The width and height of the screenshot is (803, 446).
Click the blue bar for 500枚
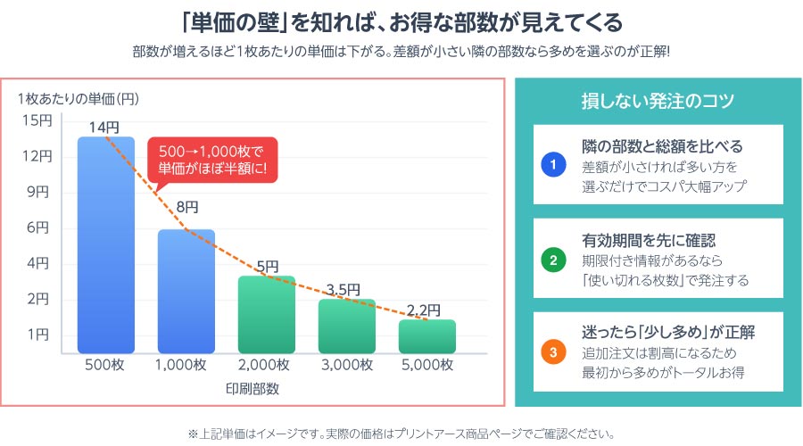point(106,245)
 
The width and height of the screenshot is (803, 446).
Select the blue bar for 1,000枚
point(186,292)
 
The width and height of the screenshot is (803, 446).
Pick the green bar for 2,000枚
point(267,315)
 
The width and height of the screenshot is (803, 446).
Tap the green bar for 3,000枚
point(347,326)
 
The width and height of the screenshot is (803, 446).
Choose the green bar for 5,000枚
point(427,336)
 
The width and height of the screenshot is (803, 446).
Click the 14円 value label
point(104,128)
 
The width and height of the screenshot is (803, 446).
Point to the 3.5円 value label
point(344,289)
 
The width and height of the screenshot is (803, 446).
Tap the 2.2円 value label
point(423,310)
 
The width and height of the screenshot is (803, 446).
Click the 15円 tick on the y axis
point(38,120)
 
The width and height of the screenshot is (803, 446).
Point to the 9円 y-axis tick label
point(38,192)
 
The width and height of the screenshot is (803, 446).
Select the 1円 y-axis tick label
point(38,334)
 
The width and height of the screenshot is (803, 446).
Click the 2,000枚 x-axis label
point(266,364)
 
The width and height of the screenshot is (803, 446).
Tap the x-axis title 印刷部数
point(266,390)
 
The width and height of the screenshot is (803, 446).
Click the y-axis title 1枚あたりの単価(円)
point(79,98)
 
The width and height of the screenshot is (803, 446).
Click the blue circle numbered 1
point(554,166)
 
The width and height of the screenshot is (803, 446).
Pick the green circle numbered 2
point(554,260)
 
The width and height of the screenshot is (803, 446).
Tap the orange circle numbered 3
point(554,353)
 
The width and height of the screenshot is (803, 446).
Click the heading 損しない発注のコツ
point(658,100)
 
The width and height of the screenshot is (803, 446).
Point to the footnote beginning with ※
point(401,434)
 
